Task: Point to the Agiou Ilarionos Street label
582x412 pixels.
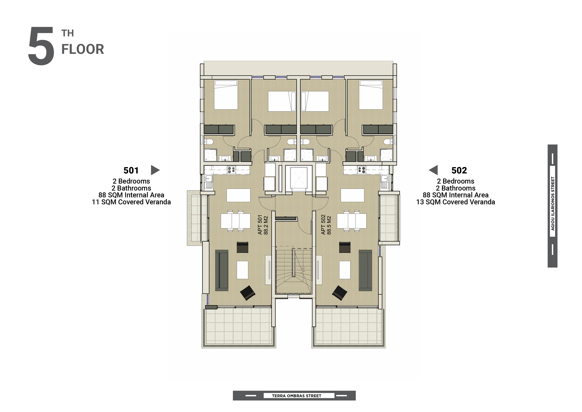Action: (553, 204)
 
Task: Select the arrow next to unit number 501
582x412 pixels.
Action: (155, 170)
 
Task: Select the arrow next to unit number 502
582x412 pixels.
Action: (433, 170)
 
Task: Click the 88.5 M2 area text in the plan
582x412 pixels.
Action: (329, 225)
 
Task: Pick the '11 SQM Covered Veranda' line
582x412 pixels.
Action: (131, 202)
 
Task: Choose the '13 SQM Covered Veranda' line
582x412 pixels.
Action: (456, 202)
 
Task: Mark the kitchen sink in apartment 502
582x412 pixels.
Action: (385, 182)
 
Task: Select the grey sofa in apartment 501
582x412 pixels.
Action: (221, 270)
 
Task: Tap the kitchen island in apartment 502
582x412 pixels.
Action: (352, 195)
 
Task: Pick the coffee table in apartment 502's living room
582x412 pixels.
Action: (345, 270)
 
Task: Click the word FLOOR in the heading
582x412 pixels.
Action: (83, 49)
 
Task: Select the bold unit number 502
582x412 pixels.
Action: (459, 170)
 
